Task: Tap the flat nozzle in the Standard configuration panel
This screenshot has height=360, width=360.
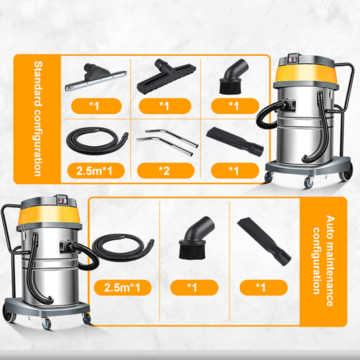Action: (234, 140)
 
